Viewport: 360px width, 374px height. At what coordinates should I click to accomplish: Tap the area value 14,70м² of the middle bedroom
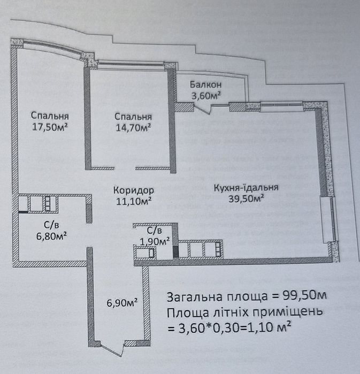pos(133,127)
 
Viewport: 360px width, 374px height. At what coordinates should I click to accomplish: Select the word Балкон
pos(206,85)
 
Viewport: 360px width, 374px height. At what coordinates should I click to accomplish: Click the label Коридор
pos(134,190)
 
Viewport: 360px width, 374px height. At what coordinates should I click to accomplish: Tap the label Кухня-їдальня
pos(246,188)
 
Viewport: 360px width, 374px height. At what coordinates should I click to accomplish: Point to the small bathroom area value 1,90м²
pos(154,241)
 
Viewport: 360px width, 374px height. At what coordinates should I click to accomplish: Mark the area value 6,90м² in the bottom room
pos(122,303)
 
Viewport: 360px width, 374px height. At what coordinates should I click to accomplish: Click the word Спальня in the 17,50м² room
pos(50,116)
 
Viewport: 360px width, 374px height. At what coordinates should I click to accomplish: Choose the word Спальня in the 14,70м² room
pos(133,117)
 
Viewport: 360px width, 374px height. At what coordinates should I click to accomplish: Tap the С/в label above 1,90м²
pos(154,231)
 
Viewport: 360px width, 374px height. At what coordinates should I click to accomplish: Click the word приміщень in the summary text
pos(293,312)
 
